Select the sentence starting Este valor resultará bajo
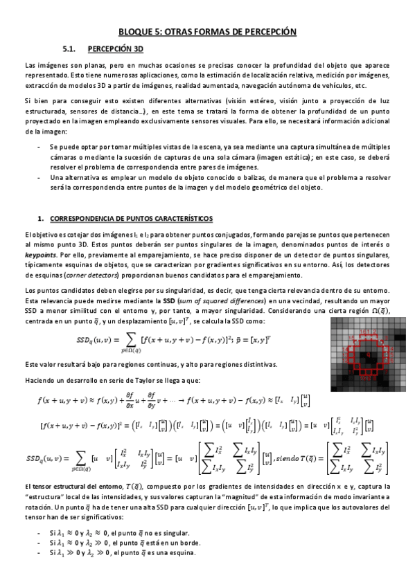point(141,364)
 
